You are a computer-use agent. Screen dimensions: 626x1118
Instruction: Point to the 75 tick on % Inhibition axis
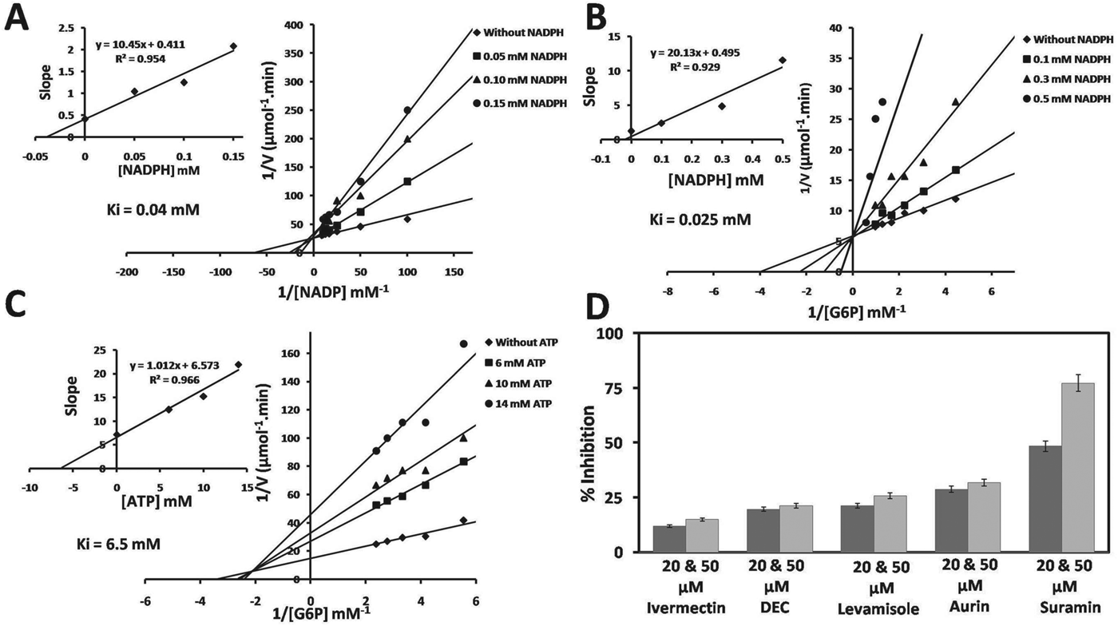617,388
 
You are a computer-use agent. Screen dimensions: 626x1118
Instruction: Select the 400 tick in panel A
295,26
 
